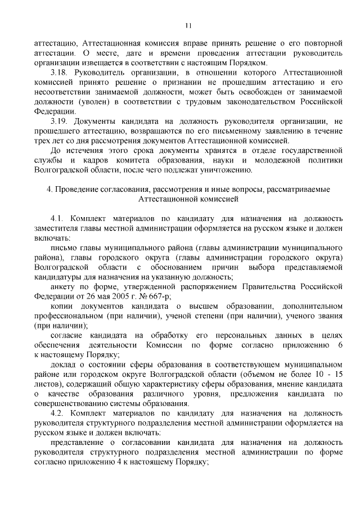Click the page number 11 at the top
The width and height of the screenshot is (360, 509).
[188, 25]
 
